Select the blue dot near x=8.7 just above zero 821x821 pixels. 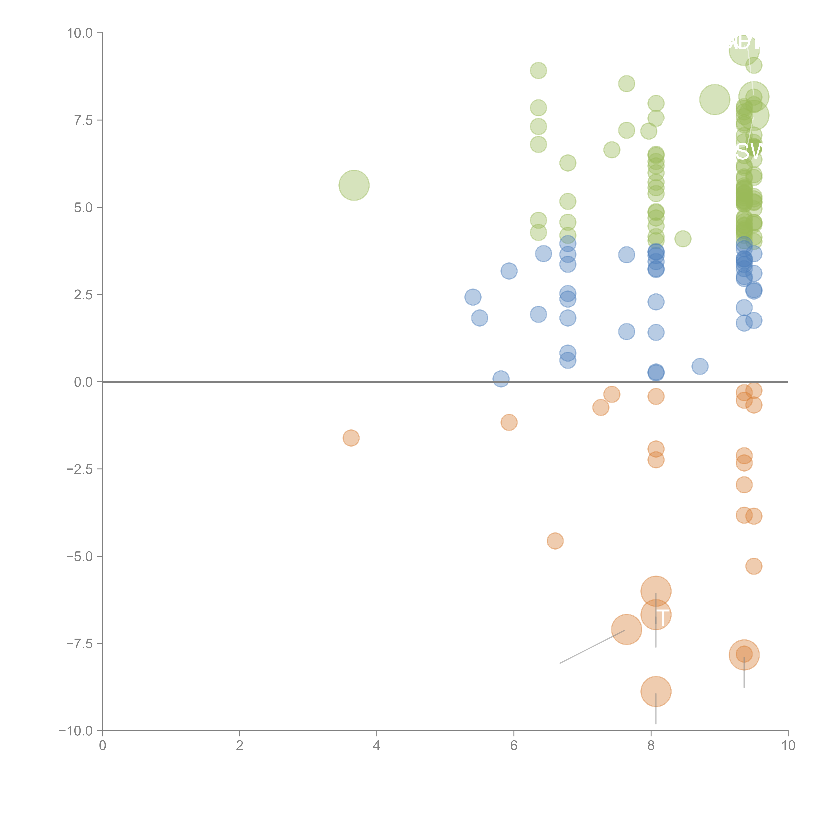tap(700, 366)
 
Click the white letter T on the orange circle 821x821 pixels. tap(663, 617)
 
